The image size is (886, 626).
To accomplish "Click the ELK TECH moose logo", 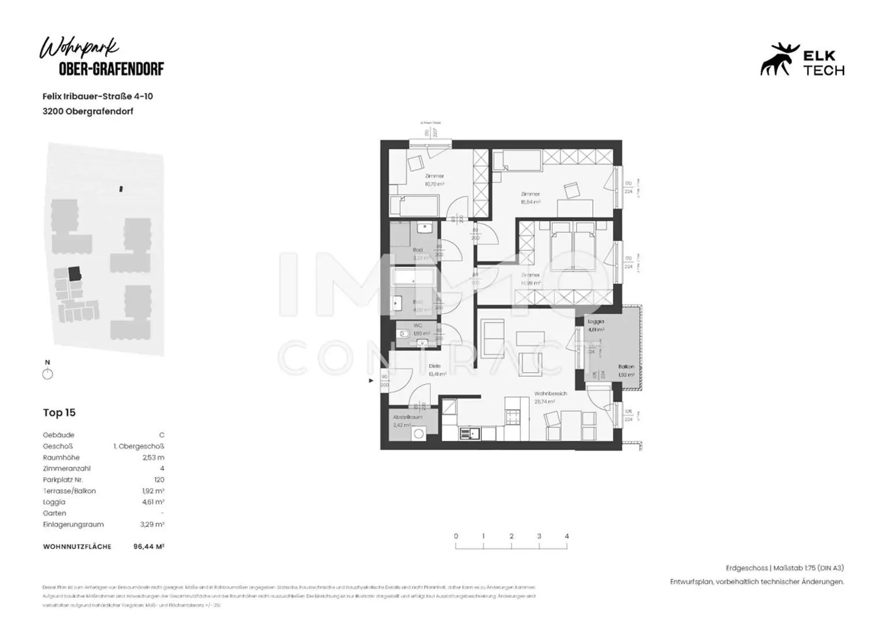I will (x=780, y=59).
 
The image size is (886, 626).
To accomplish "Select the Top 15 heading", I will (x=59, y=413).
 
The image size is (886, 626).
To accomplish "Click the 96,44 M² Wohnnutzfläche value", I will (x=149, y=546).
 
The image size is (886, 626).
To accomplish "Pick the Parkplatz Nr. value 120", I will (x=159, y=479).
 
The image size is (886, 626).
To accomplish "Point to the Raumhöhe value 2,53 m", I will (x=153, y=458).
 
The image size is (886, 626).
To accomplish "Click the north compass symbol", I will (x=48, y=374).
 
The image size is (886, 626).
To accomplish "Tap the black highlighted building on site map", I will (x=74, y=273).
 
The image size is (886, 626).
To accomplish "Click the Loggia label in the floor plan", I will (x=595, y=321).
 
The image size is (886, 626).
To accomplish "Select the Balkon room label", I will (x=626, y=366).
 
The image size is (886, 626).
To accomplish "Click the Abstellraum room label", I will (x=408, y=417).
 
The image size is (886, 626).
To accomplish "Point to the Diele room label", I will (x=435, y=366).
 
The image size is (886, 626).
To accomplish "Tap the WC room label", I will (x=418, y=325).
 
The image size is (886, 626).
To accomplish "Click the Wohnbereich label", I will (x=550, y=393).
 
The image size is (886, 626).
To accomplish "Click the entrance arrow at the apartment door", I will (x=371, y=381).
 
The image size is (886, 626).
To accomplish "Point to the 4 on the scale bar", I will (x=566, y=536).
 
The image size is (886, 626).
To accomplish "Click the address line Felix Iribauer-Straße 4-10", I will (x=97, y=96).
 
